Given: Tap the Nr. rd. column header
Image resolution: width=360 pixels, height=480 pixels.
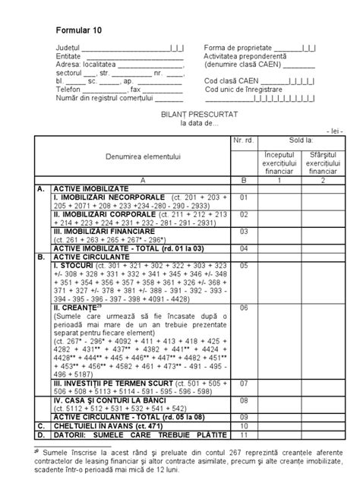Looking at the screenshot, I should tap(244, 142).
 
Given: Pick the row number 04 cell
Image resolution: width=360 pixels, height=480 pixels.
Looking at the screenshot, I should tap(244, 248).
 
